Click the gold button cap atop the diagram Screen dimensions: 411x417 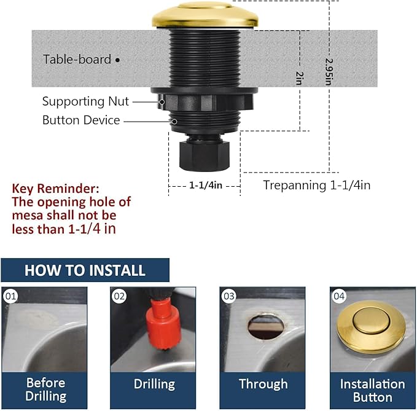tap(205, 15)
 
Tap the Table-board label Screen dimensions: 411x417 tap(77, 60)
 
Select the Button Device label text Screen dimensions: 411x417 tap(81, 120)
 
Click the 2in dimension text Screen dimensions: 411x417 tap(300, 77)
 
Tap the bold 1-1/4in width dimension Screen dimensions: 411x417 tap(205, 184)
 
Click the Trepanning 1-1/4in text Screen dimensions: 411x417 tap(316, 185)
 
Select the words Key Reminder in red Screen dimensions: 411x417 tap(55, 189)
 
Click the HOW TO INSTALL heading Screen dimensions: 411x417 tap(85, 270)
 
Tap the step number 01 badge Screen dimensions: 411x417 tap(10, 296)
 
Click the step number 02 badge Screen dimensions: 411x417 tap(119, 296)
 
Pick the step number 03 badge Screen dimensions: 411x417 tap(229, 296)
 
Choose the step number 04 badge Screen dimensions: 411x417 tap(339, 296)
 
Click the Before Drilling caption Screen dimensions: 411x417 tap(45, 389)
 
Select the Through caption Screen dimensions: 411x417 tap(263, 385)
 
